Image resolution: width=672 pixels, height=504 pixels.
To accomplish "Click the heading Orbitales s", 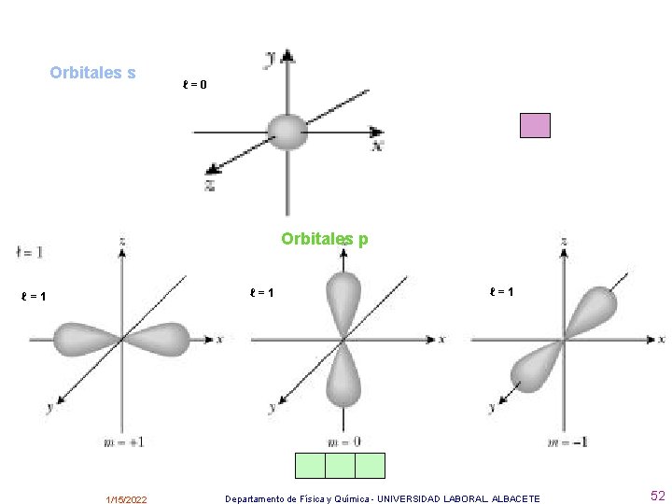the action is coord(92,73).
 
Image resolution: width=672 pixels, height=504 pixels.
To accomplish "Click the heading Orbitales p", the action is coord(325,239).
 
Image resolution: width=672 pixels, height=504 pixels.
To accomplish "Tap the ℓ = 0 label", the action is coord(194,85).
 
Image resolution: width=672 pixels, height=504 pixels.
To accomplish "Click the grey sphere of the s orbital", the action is coord(287,132).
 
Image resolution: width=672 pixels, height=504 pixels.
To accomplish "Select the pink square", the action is coord(535,125).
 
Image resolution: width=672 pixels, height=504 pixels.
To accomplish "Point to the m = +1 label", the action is coord(123,441).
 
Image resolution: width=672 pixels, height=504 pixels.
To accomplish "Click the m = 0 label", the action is coord(344,441).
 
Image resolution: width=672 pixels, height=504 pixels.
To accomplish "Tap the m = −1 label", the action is coord(567,441).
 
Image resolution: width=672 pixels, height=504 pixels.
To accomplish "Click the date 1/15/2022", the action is coord(126,500).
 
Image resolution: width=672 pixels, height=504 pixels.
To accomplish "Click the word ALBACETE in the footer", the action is coord(516,499).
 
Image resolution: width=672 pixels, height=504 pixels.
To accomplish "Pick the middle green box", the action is coord(340,465).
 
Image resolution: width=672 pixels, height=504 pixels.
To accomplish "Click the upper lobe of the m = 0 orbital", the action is coord(344,299).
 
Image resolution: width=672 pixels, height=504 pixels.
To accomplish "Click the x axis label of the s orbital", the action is coord(377,146).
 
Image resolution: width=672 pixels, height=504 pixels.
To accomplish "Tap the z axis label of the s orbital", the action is coord(210,185).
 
